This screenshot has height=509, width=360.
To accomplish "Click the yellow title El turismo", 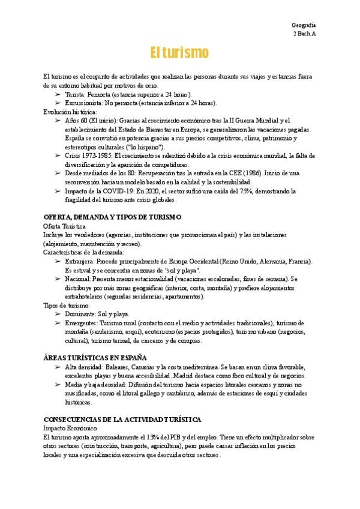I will click(x=179, y=53).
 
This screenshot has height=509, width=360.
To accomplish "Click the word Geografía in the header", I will click(x=304, y=25).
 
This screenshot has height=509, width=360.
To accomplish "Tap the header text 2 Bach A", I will click(x=304, y=34).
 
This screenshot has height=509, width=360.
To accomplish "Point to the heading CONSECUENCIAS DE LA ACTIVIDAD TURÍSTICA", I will click(x=122, y=419).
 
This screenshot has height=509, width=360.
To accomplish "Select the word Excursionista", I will click(x=83, y=103).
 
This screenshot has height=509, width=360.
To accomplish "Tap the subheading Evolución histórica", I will click(x=70, y=112).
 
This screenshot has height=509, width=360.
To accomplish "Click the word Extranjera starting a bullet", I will click(x=78, y=262).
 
